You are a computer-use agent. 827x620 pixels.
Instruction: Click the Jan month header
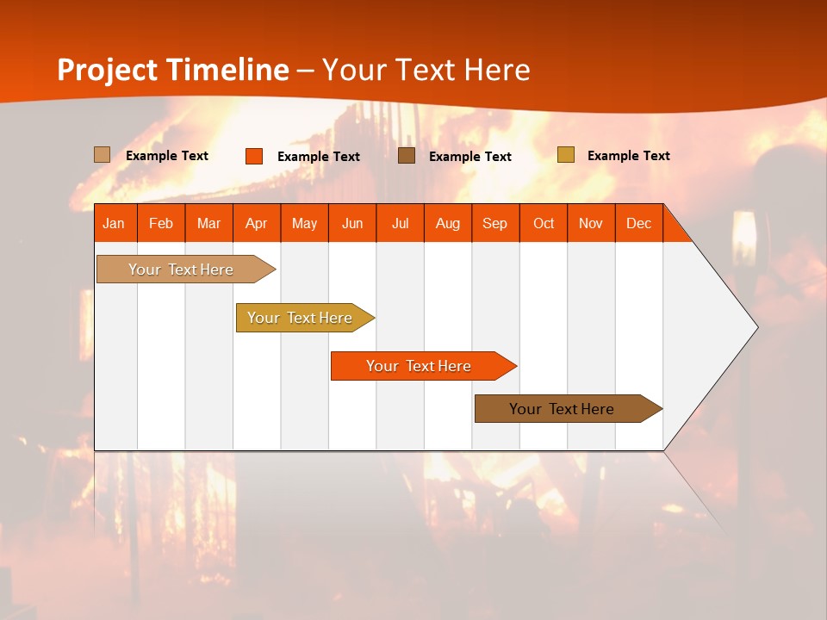click(x=114, y=223)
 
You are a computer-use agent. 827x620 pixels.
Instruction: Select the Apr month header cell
click(x=257, y=223)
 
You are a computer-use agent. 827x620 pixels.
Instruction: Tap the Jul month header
click(x=401, y=223)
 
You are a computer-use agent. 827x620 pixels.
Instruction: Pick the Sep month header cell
click(x=495, y=223)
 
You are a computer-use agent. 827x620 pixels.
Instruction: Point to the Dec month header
click(x=639, y=223)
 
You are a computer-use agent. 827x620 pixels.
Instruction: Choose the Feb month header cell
click(x=161, y=223)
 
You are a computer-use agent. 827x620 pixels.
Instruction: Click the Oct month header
click(x=544, y=223)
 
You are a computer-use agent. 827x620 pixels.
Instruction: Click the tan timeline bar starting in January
click(x=181, y=270)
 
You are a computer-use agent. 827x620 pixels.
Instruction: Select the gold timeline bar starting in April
click(x=300, y=318)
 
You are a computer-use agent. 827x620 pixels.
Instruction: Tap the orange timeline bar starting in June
click(x=419, y=366)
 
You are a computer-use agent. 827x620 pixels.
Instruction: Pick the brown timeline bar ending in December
click(x=562, y=409)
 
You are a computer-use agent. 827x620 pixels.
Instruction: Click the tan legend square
click(x=103, y=155)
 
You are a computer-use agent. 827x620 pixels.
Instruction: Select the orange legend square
click(x=254, y=156)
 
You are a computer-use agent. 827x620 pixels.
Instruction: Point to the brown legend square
click(x=407, y=156)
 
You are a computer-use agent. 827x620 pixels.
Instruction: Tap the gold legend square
click(x=565, y=155)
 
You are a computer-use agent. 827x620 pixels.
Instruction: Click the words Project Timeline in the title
click(x=172, y=70)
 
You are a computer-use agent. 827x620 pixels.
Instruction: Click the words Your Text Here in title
click(x=426, y=70)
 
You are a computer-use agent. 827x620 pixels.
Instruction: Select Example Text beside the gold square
click(x=628, y=156)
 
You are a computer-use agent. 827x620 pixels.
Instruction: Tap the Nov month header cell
click(x=591, y=223)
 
